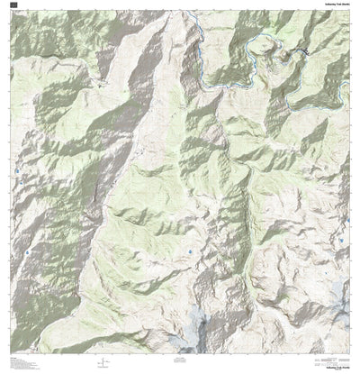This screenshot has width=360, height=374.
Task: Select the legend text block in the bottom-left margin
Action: (20, 364)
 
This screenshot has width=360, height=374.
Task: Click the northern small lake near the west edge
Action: (16, 169)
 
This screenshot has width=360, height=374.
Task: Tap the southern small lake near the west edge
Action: (27, 253)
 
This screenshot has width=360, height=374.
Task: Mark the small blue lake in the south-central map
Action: (191, 251)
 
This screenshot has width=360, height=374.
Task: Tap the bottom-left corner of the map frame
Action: (11, 354)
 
